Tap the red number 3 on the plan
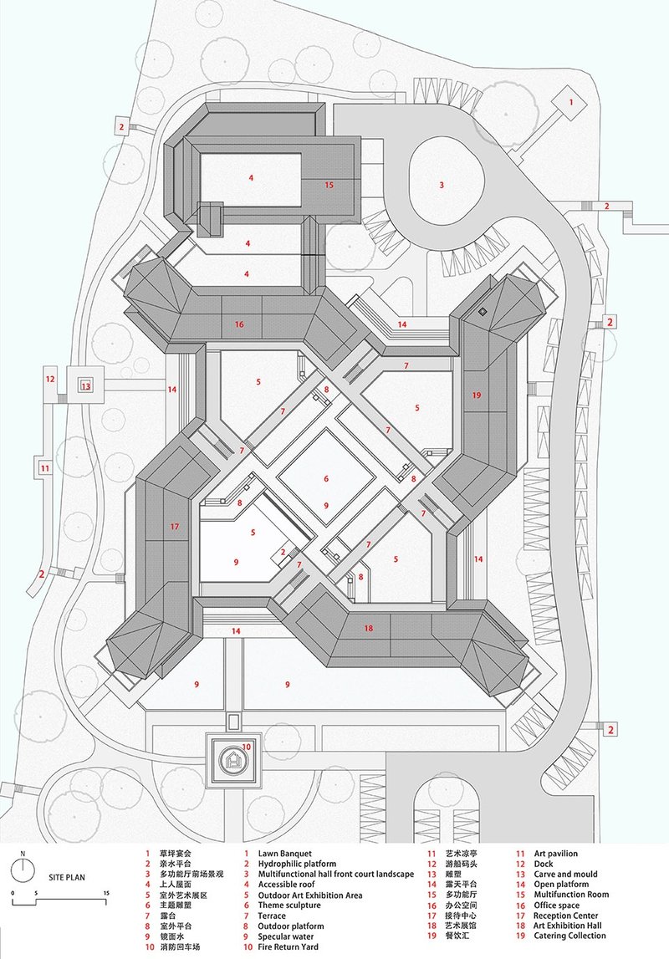[x=442, y=184]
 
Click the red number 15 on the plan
[x=329, y=185]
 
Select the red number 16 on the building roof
[x=239, y=324]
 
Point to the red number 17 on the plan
[x=174, y=527]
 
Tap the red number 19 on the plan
[x=477, y=394]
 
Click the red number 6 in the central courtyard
[x=327, y=479]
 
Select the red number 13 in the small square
[x=85, y=385]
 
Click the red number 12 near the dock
[x=50, y=380]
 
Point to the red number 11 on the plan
[x=44, y=468]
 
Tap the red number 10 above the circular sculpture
[x=247, y=747]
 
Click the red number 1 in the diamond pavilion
[x=572, y=101]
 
